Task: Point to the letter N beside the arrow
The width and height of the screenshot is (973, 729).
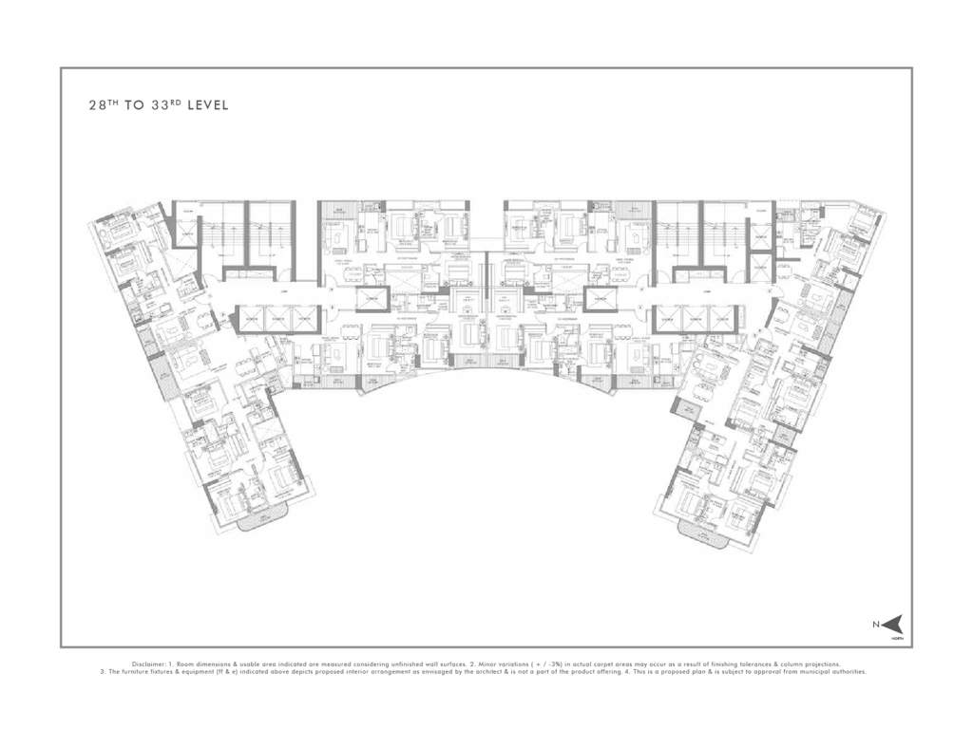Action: point(876,624)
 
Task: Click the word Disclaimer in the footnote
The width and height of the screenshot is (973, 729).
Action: point(148,664)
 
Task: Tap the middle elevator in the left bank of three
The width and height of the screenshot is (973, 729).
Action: point(277,320)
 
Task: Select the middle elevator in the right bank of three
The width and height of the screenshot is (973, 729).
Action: point(696,320)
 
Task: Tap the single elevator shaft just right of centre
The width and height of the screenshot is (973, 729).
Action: point(601,301)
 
